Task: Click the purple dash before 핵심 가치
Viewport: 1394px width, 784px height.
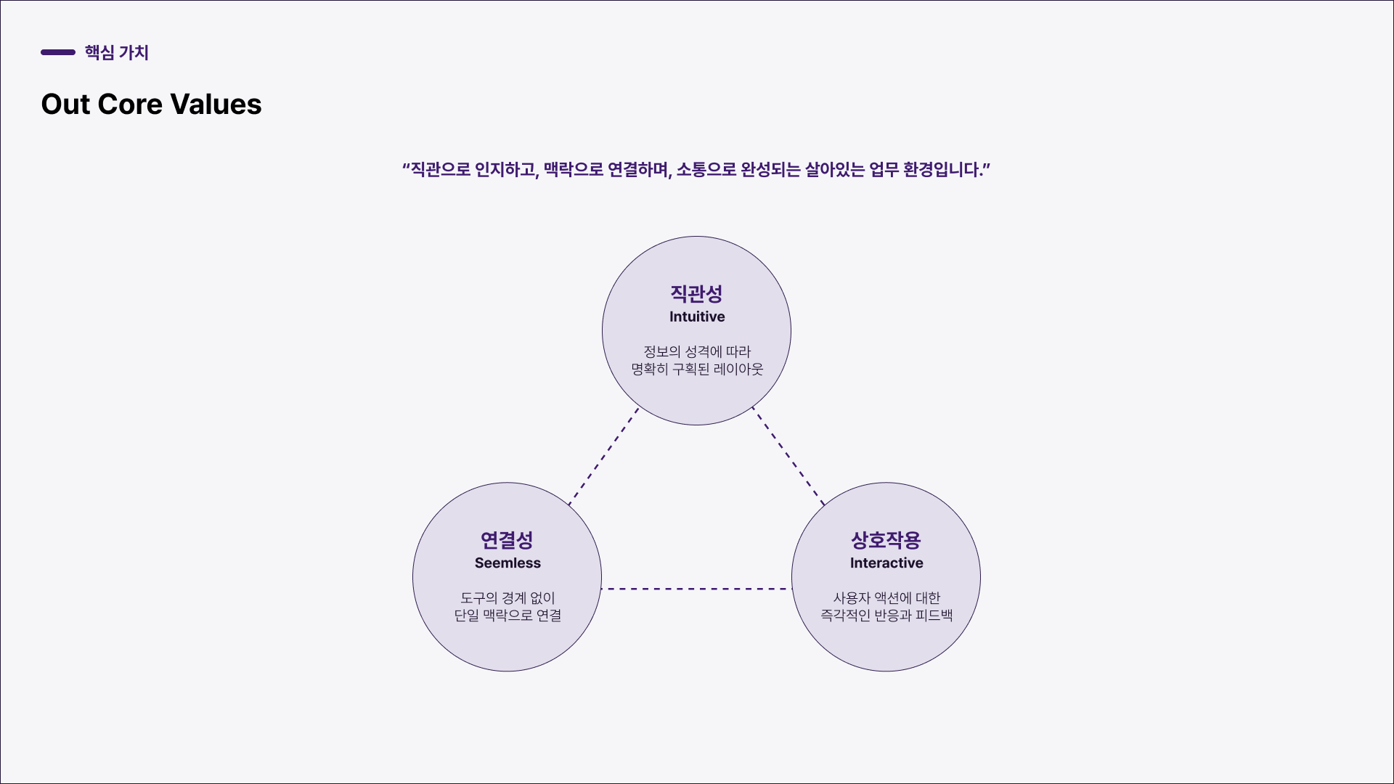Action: pos(58,52)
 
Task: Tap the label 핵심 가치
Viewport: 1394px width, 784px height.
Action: pos(116,52)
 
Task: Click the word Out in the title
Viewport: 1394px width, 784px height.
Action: pos(65,105)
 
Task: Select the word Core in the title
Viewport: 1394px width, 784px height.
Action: pos(129,105)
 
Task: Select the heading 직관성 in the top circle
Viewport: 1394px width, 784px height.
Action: pos(696,293)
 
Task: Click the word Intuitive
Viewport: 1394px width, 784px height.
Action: pos(697,317)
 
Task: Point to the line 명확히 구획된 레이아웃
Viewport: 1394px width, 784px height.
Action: pos(697,369)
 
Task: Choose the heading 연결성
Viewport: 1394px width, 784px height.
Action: pos(507,540)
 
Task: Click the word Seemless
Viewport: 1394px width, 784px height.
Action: pos(508,563)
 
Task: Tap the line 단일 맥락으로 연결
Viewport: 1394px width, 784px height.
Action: pos(508,615)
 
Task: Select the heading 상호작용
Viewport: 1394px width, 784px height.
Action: pos(886,540)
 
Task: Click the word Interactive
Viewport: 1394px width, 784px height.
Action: pos(886,563)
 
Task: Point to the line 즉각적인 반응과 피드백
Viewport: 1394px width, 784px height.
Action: pos(886,615)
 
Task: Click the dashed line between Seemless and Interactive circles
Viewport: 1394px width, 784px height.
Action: pos(696,589)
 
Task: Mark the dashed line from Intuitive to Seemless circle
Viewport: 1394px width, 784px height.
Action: pos(604,456)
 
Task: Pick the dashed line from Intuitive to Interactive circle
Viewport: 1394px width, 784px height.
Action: pos(788,456)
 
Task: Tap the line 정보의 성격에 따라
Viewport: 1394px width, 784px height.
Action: pos(697,351)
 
